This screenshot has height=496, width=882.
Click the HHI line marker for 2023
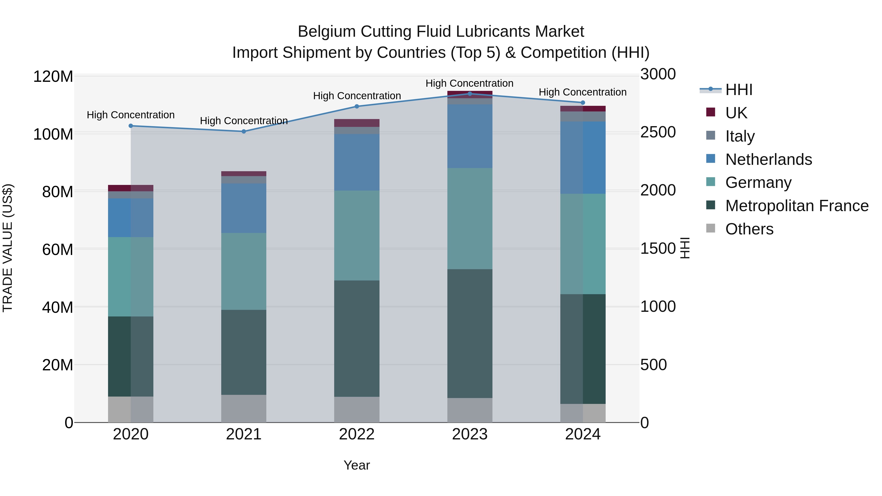470,94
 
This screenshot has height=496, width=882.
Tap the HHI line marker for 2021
244,132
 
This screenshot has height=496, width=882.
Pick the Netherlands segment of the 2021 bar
244,208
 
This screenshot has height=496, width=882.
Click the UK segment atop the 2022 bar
357,123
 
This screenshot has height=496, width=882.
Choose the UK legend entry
736,113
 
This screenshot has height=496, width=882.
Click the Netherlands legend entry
768,159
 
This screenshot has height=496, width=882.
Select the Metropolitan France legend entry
797,206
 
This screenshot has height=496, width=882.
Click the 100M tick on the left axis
53,134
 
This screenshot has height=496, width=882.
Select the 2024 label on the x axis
583,434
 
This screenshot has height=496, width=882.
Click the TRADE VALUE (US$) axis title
8,248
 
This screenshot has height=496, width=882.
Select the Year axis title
356,465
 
